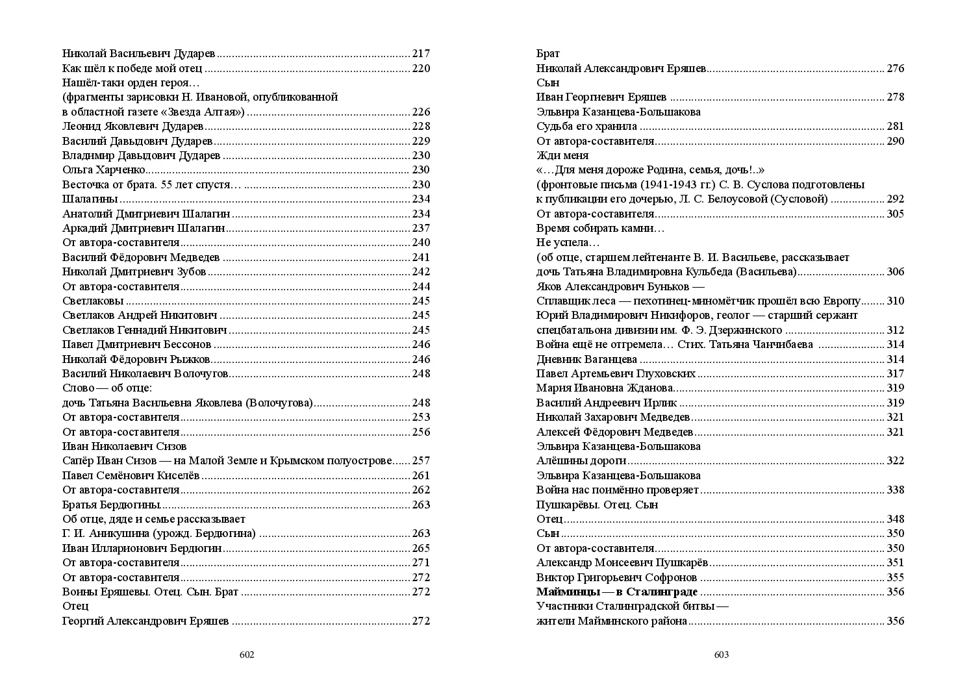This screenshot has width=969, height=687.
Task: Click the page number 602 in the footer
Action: [247, 655]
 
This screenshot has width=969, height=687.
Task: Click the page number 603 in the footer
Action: [722, 655]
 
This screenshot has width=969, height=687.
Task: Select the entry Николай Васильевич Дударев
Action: [139, 54]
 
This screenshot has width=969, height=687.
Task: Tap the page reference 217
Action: [422, 54]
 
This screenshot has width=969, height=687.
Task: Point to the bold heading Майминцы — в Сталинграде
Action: [617, 592]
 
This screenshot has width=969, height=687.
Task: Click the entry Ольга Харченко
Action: [103, 170]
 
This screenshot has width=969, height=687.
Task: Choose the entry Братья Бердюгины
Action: [112, 505]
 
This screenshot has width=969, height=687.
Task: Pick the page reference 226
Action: [422, 112]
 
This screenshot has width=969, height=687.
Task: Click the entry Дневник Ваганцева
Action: [586, 359]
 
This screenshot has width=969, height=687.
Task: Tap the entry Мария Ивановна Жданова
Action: [604, 388]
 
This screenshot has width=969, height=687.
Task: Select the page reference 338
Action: [896, 490]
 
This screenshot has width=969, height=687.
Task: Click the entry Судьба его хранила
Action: [586, 127]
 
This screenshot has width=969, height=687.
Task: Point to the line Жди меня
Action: [562, 155]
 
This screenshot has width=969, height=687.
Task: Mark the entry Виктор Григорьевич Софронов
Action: [616, 577]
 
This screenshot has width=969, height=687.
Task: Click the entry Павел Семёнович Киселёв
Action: [132, 475]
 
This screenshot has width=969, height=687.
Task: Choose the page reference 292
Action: [896, 199]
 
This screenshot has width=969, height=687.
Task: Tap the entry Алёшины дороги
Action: [581, 461]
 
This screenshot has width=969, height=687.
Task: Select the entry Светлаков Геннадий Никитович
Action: [145, 330]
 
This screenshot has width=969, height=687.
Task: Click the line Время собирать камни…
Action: [600, 228]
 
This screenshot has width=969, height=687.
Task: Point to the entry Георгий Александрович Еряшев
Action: [145, 621]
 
